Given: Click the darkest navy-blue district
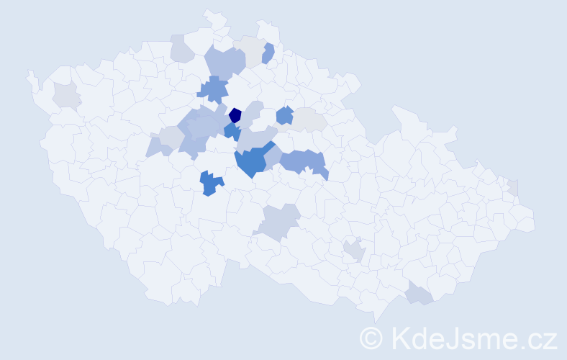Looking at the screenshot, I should (x=235, y=115).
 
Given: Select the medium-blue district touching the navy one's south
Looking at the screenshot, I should (x=232, y=132).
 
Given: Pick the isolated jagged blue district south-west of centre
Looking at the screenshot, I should (x=210, y=184).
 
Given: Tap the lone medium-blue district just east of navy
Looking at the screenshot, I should (x=284, y=115).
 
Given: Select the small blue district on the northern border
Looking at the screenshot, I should (x=268, y=53).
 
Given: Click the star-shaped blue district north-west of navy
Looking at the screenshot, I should (x=212, y=89).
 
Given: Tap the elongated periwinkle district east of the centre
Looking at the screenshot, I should (x=302, y=161).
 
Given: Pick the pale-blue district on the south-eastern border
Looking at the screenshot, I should (x=418, y=294).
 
